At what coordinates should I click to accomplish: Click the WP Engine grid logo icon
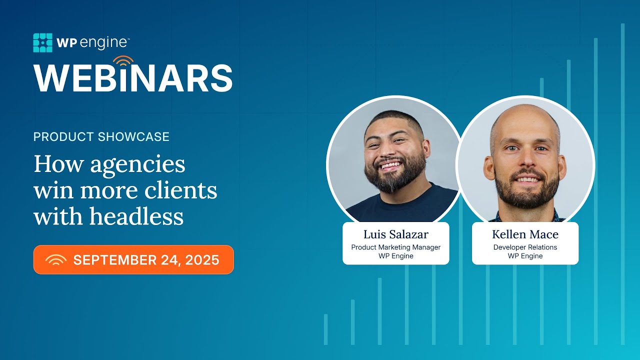42,43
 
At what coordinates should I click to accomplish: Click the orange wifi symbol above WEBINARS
123,61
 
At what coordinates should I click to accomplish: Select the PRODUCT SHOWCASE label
101,136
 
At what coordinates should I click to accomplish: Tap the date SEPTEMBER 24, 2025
146,260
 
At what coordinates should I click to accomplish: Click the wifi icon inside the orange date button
55,260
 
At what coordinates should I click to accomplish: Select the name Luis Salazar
395,234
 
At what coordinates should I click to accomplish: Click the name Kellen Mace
525,234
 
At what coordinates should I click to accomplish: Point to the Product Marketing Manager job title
395,247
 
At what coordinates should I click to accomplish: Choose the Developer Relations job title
525,247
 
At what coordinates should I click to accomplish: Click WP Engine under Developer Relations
525,256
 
